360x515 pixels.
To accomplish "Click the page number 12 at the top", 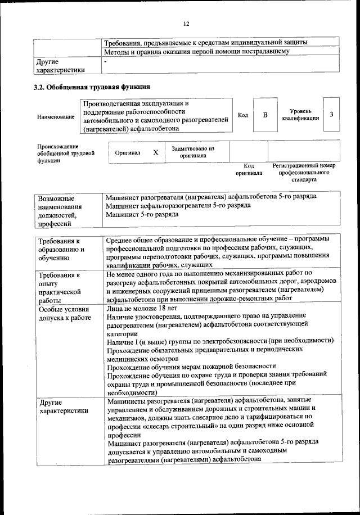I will pos(186,23).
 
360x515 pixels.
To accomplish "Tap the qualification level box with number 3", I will pos(332,115).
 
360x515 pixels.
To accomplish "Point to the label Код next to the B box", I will pos(243,115).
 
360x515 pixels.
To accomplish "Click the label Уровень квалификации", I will pos(301,115).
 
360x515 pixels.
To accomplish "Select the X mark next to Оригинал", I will pos(155,152).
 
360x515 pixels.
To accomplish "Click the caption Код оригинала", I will pos(249,170).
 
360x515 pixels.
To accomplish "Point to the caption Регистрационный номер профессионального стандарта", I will pos(304,173).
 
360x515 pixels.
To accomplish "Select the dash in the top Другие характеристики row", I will pos(106,60).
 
